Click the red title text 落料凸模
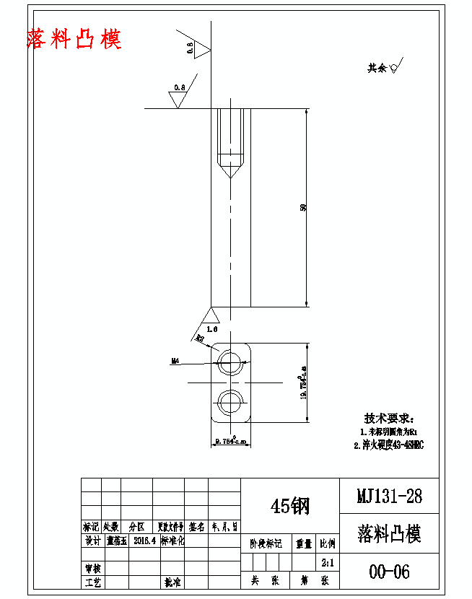[74, 39]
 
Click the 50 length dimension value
[304, 208]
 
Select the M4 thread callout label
[175, 361]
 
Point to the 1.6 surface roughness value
[211, 328]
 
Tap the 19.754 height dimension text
[303, 386]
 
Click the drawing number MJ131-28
[389, 497]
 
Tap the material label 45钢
[289, 506]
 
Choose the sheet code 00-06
[389, 572]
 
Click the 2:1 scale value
[327, 561]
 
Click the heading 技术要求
[389, 419]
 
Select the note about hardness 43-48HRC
[388, 445]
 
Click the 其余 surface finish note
[383, 69]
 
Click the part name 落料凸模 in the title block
[389, 535]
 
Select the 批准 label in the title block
[172, 582]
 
